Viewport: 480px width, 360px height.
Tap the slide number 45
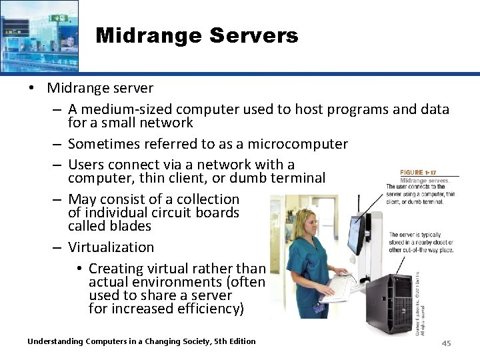(x=447, y=343)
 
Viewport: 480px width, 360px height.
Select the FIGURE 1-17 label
(x=417, y=172)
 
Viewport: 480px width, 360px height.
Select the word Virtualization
(x=111, y=247)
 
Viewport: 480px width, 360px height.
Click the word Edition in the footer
(x=240, y=341)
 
